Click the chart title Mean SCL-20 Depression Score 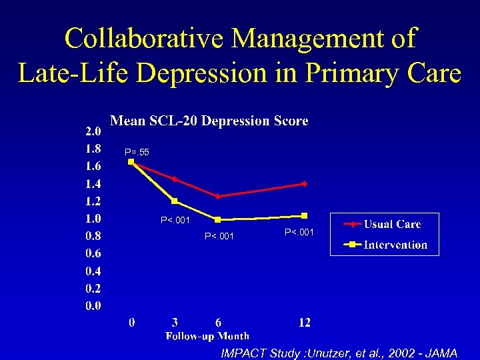point(209,121)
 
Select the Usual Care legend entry point(392,225)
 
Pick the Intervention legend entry point(395,245)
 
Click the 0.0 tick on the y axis point(93,306)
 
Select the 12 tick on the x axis point(304,323)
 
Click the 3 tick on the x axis point(175,323)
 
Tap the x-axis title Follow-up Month point(207,336)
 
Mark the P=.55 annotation point(137,153)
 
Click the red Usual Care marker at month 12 point(304,183)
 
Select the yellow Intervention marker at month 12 point(304,215)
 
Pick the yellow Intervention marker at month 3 point(175,201)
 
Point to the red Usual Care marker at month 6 point(218,196)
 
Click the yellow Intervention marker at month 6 point(218,219)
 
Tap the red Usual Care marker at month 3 point(175,179)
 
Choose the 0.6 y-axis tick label point(93,253)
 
